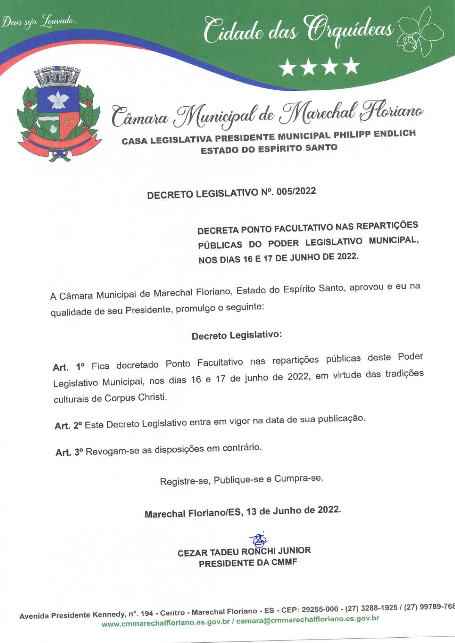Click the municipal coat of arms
point(59,114)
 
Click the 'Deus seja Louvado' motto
point(38,22)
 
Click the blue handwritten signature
point(258,539)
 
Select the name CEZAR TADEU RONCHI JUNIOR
point(244,552)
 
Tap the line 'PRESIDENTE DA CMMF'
point(248,563)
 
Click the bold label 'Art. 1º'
point(68,367)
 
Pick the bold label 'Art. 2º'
point(68,426)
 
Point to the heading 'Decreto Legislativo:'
point(237,335)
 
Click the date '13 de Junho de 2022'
point(293,511)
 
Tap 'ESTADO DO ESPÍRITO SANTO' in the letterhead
point(269,149)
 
